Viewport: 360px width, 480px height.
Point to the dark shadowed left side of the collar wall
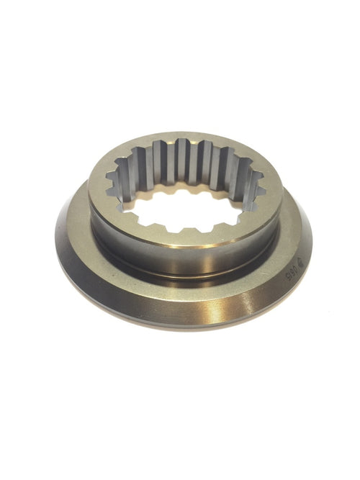pyautogui.click(x=101, y=230)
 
